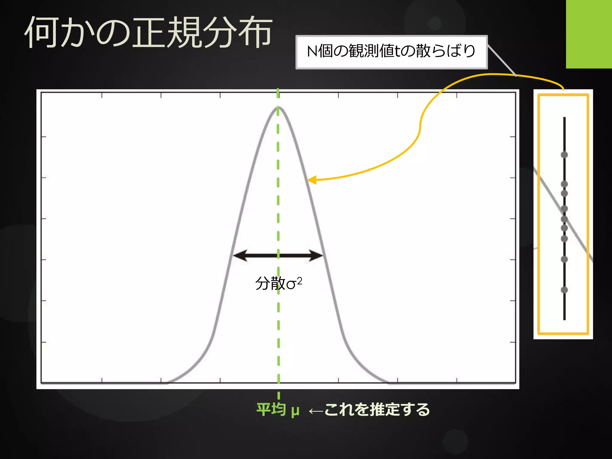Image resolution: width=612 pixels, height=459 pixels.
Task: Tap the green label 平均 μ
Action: click(x=278, y=410)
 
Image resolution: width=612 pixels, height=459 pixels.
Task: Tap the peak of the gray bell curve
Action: click(x=278, y=108)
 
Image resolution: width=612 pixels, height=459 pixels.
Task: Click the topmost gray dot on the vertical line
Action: click(x=564, y=155)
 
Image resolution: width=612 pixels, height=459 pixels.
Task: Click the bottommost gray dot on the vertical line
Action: click(x=564, y=290)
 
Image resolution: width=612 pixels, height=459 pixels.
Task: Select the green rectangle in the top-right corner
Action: click(x=589, y=34)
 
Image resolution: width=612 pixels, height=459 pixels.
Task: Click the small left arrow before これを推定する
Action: click(x=316, y=411)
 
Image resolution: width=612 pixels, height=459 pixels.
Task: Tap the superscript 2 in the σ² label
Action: click(x=299, y=280)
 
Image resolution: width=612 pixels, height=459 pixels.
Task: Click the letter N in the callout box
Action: click(x=312, y=51)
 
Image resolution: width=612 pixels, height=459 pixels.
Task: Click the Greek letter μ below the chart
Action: click(x=295, y=411)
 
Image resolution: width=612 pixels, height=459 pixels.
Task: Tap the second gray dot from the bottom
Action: click(x=564, y=259)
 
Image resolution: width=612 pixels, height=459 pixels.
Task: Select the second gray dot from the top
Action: click(x=564, y=184)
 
